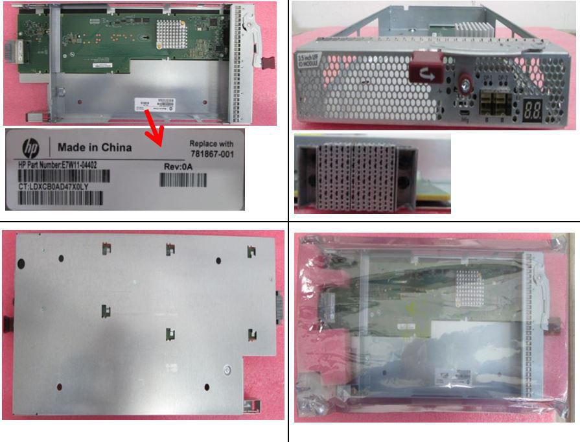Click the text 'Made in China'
click(x=95, y=147)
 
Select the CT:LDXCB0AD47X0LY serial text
click(x=54, y=187)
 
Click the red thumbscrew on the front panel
click(x=465, y=84)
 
